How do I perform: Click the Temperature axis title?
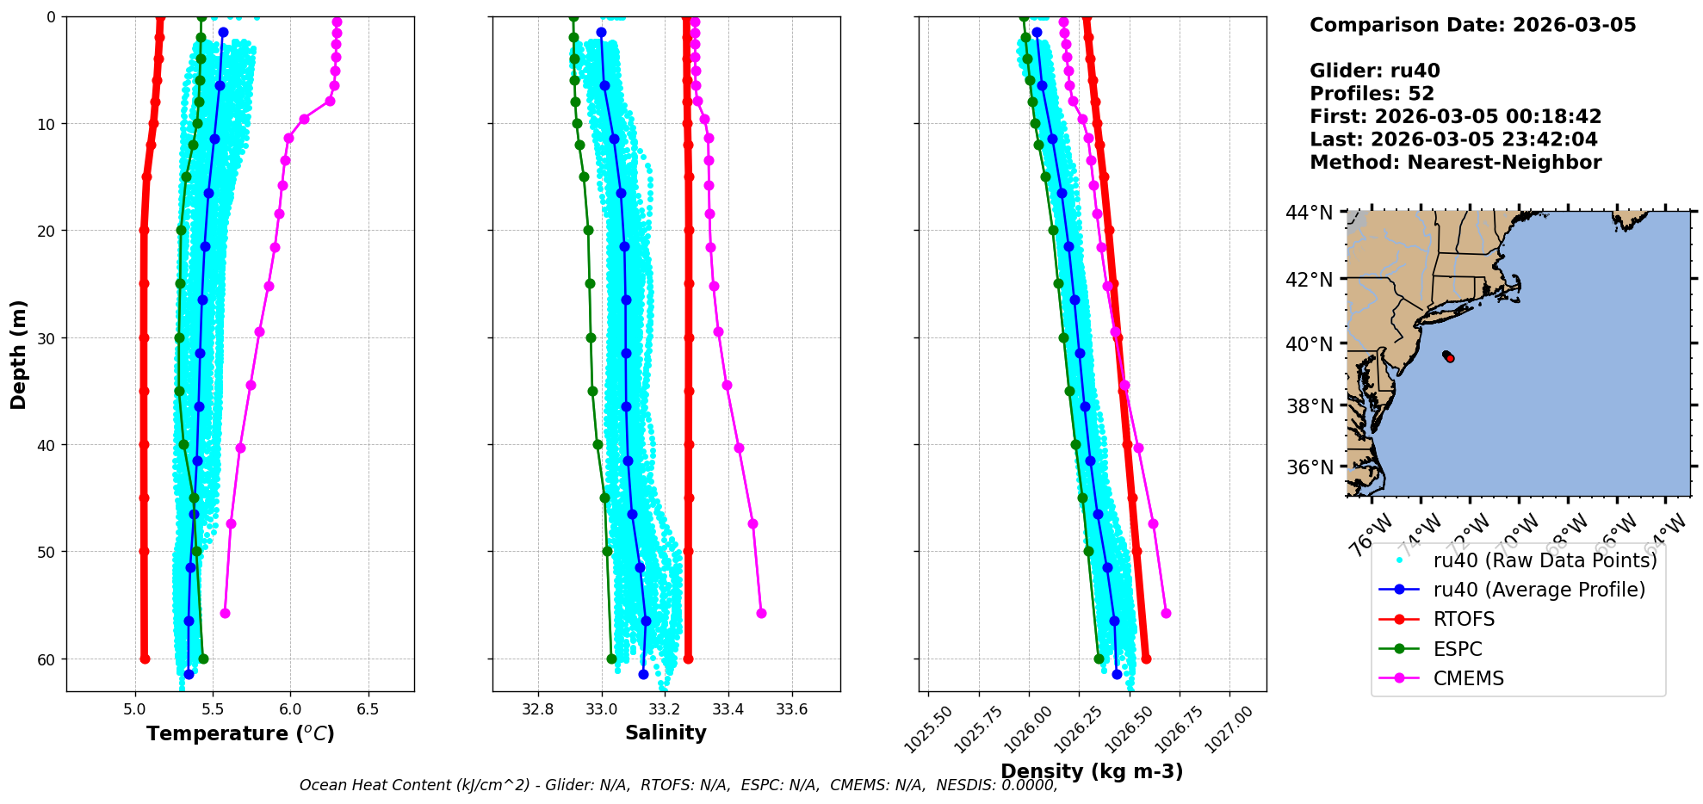click(240, 733)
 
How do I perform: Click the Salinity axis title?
click(666, 733)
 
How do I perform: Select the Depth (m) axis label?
click(19, 354)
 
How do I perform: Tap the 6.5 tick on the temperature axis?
click(368, 710)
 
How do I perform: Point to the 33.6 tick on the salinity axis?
click(791, 710)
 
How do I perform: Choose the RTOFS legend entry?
click(1464, 620)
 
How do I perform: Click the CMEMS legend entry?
click(1468, 678)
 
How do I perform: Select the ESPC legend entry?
click(1458, 649)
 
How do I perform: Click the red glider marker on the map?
click(1450, 358)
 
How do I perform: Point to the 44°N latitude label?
click(1310, 213)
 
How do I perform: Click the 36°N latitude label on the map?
click(1310, 467)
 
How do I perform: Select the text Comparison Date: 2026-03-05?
click(1472, 25)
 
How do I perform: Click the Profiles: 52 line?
click(1372, 94)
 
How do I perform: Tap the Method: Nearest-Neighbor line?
click(1455, 163)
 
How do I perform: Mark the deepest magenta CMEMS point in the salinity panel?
click(761, 613)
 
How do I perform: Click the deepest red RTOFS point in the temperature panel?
click(145, 659)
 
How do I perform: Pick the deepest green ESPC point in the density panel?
click(1099, 659)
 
